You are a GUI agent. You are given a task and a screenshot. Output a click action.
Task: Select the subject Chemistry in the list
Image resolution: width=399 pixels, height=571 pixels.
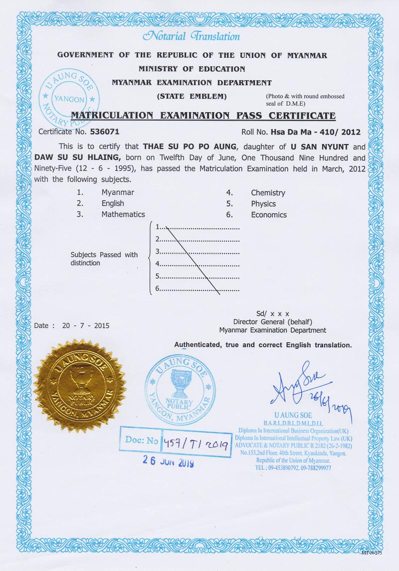pyautogui.click(x=268, y=192)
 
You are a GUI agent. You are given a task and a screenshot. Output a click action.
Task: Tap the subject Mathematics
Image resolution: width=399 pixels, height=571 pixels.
pyautogui.click(x=123, y=214)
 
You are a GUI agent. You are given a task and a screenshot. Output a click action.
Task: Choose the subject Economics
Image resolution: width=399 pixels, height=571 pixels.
pyautogui.click(x=269, y=215)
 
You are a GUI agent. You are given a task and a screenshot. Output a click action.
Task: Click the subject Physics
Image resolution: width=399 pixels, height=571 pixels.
pyautogui.click(x=263, y=204)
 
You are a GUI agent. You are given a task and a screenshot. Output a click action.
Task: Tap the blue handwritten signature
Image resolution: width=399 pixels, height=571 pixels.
pyautogui.click(x=299, y=386)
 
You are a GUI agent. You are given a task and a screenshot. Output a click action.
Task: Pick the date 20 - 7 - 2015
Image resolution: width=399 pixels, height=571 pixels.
pyautogui.click(x=85, y=326)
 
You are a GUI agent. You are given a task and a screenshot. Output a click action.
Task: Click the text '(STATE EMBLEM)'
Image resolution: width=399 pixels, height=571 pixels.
pyautogui.click(x=192, y=95)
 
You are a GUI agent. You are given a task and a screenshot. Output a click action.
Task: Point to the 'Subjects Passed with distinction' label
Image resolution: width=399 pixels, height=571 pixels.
pyautogui.click(x=104, y=259)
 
